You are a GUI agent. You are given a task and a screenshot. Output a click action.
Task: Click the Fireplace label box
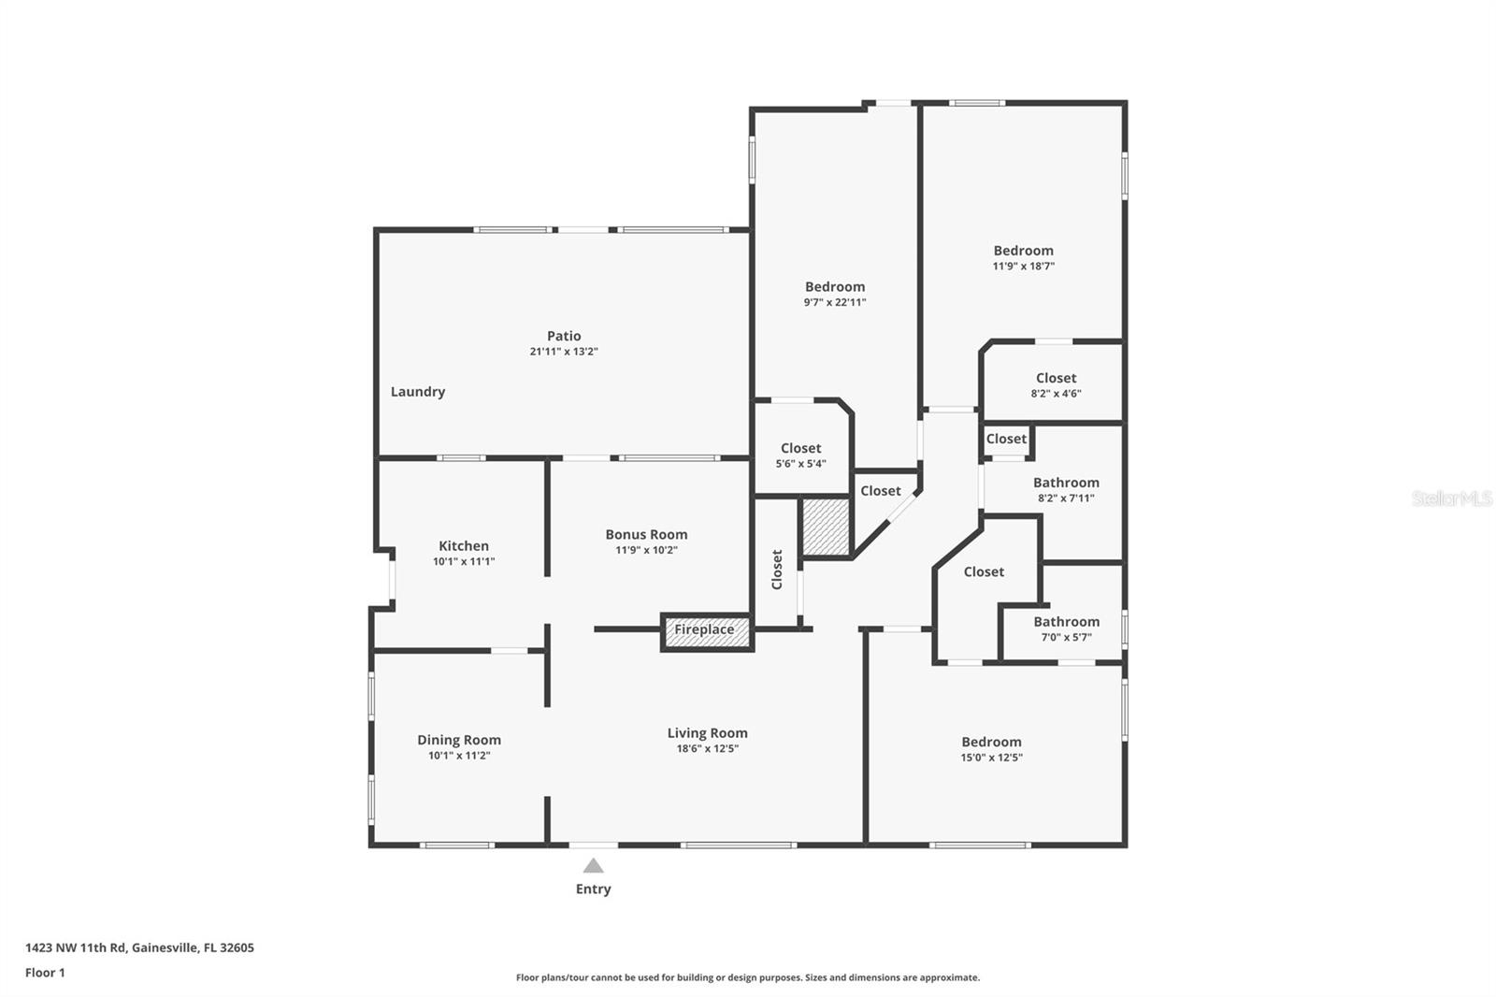click(x=705, y=630)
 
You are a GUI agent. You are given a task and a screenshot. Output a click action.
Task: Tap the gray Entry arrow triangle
click(x=593, y=866)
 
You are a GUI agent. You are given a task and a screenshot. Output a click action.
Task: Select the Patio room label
click(x=564, y=336)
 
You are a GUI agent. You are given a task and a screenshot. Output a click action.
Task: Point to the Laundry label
click(x=417, y=392)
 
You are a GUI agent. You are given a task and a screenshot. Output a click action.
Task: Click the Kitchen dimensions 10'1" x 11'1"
click(x=464, y=562)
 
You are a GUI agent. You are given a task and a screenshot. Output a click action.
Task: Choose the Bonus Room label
click(x=646, y=535)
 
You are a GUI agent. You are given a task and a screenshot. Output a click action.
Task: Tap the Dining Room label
click(x=459, y=740)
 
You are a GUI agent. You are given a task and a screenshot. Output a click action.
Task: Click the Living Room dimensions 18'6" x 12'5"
click(x=707, y=749)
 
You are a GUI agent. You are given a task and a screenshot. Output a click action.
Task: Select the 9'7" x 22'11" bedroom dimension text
click(x=835, y=303)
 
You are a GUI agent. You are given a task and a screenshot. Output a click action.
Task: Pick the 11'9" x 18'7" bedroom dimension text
click(x=1023, y=267)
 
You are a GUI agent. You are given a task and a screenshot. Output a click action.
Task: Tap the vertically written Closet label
click(x=776, y=570)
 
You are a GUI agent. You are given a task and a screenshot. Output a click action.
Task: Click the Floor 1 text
click(x=45, y=973)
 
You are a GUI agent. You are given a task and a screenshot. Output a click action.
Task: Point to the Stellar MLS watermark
click(x=1451, y=498)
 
